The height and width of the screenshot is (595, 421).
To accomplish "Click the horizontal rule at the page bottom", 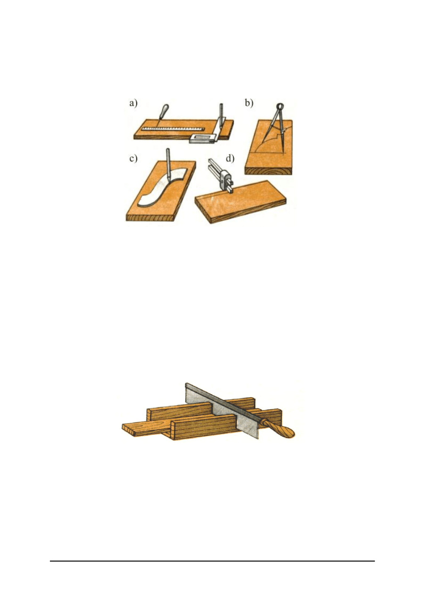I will click(212, 561).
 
